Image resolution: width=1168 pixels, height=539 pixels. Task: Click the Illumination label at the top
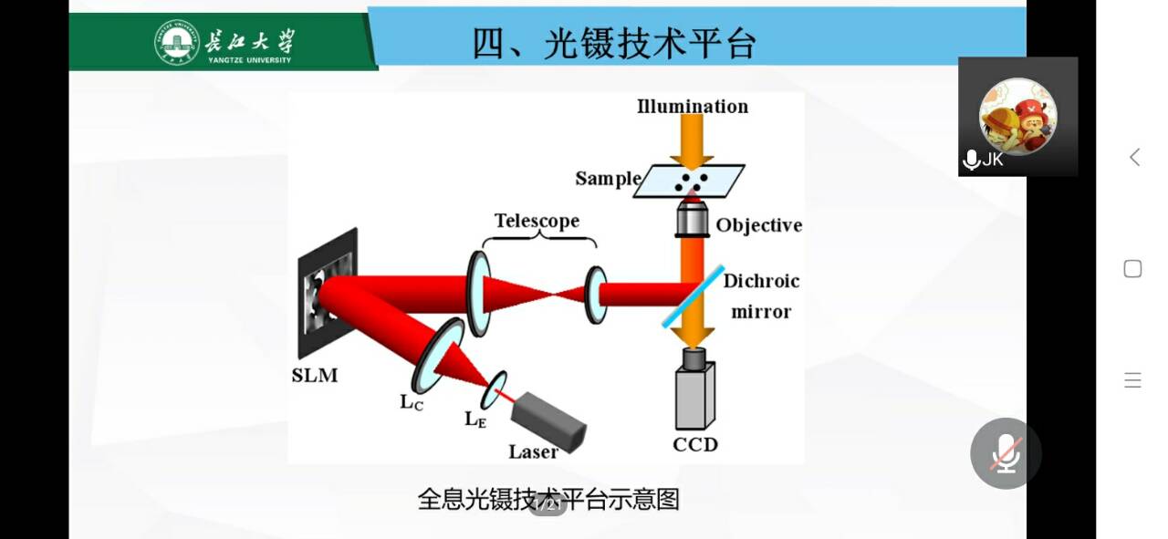(693, 107)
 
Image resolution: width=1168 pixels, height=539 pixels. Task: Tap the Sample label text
(608, 179)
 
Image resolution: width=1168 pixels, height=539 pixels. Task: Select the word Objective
(758, 225)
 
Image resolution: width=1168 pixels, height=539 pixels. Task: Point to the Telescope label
(537, 221)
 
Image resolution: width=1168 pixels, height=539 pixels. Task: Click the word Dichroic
(761, 281)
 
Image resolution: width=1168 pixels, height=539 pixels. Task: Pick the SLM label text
(314, 375)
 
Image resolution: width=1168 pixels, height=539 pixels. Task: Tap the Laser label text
(533, 451)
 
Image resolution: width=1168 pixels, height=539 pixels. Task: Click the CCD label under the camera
(694, 444)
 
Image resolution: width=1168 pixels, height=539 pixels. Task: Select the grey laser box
(548, 422)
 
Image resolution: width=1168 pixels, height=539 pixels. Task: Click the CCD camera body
(694, 394)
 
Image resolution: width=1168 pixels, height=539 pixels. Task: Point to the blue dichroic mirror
(693, 296)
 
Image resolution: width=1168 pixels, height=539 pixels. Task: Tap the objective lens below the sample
(693, 220)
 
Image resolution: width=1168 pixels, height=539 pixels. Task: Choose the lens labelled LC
(437, 355)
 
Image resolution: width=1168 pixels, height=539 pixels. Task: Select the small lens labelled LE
(496, 389)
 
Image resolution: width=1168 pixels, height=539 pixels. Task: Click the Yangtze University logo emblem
(177, 43)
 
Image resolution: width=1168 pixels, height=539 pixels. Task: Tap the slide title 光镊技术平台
(615, 43)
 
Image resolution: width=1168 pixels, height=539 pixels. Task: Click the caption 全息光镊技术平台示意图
(548, 500)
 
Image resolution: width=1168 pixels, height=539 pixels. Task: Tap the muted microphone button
(1006, 453)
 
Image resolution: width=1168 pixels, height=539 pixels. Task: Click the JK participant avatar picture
(1017, 117)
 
